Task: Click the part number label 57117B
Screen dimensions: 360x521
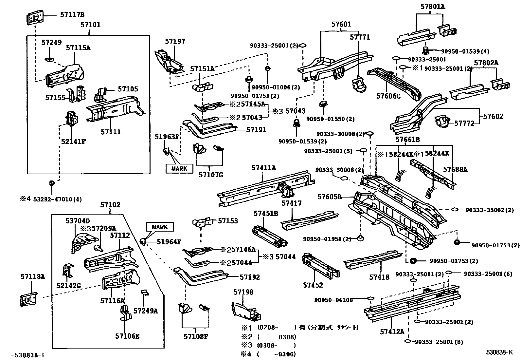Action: tap(72, 15)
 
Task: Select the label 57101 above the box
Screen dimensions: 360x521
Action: tap(90, 25)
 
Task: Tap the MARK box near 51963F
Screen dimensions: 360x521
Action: tap(179, 169)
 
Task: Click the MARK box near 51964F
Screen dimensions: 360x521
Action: tap(160, 227)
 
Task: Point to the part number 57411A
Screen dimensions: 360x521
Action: tap(264, 168)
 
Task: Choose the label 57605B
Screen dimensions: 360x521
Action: tap(329, 197)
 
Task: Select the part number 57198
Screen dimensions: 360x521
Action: tap(243, 292)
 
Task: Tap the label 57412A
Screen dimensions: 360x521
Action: tap(392, 332)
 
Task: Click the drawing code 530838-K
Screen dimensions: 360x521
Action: tap(499, 352)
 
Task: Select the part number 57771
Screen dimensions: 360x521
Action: tap(360, 37)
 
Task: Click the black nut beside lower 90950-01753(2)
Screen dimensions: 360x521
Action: tap(413, 261)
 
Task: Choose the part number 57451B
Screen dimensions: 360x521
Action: tap(266, 214)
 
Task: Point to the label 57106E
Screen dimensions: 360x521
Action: tap(127, 336)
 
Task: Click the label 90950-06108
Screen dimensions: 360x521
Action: tap(334, 300)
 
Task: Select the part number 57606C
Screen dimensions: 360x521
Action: tap(388, 96)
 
